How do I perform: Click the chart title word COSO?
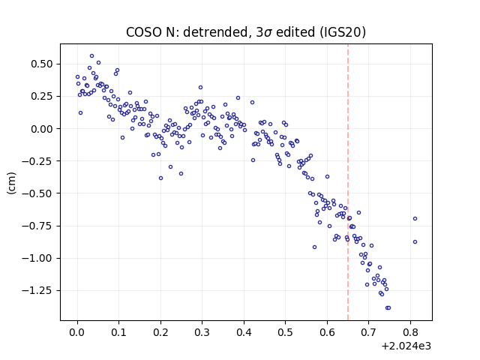click(x=144, y=32)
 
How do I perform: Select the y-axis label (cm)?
click(x=11, y=183)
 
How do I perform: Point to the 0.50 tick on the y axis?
click(x=42, y=64)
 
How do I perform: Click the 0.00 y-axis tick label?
click(x=42, y=129)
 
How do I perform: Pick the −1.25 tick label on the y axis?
click(x=37, y=290)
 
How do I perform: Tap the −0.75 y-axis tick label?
click(x=37, y=226)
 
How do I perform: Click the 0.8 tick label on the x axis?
click(x=410, y=332)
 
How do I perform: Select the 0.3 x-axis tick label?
click(x=202, y=332)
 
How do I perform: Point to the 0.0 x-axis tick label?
click(x=77, y=332)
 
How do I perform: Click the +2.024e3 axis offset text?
click(x=406, y=346)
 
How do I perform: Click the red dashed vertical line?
click(x=348, y=182)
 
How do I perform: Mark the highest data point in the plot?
click(x=91, y=56)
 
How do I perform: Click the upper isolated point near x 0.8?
click(x=415, y=218)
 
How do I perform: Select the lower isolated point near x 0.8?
click(x=415, y=241)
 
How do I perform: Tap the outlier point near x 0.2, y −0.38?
click(x=160, y=178)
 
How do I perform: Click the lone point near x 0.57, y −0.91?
click(x=314, y=247)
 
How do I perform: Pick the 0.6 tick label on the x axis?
click(x=327, y=332)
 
